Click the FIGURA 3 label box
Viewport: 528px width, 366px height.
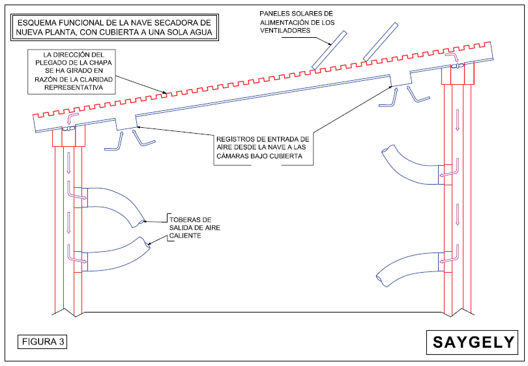42,342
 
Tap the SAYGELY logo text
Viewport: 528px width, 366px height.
473,343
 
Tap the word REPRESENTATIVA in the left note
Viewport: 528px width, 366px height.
74,87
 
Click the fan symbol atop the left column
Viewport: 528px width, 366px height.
68,129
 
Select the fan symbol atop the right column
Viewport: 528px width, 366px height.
458,66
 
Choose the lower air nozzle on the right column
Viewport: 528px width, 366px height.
407,268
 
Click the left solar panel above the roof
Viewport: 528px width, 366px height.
329,50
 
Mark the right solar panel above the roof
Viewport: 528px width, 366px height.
381,42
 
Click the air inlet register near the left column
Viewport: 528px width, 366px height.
126,124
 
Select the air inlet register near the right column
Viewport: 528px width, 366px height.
401,78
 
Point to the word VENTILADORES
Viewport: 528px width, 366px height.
285,31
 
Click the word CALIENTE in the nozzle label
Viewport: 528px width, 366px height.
185,236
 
